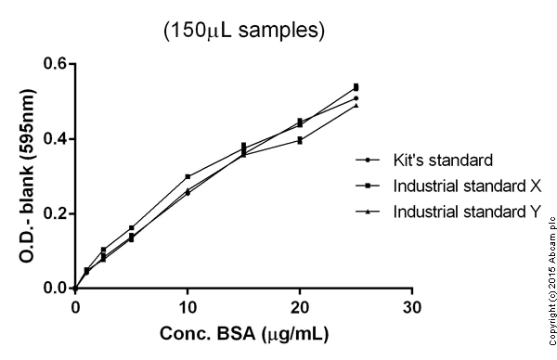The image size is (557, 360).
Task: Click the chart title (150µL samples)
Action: click(x=244, y=30)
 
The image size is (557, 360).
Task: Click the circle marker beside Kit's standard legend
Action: click(x=369, y=159)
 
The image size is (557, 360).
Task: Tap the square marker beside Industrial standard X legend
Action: click(x=369, y=186)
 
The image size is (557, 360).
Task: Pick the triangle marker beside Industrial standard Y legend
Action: click(x=369, y=212)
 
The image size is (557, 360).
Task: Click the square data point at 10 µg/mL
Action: click(x=188, y=176)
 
